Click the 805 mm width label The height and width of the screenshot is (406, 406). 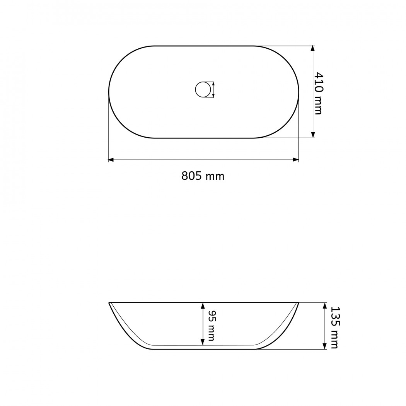point(203,176)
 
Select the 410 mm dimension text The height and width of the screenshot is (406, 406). point(318,93)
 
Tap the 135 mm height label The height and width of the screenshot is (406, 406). point(335,328)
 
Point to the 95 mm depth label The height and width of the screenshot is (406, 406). point(211,325)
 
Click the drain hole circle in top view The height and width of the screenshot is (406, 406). point(203,90)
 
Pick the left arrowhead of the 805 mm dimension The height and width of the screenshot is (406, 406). point(111,160)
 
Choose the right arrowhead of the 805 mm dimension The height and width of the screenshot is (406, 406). point(296,160)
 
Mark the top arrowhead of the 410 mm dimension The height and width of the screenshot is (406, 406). point(313,49)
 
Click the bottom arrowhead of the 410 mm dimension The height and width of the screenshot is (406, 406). point(313,135)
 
